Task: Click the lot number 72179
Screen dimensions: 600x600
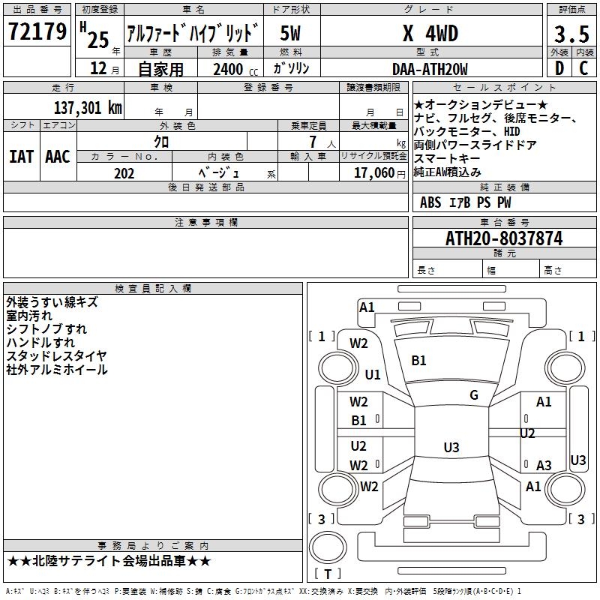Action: click(x=37, y=31)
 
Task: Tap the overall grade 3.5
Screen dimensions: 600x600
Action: click(x=571, y=34)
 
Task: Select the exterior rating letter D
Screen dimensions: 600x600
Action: click(x=559, y=68)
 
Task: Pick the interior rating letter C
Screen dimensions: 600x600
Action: click(x=583, y=68)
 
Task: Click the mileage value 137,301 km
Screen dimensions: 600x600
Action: click(x=88, y=108)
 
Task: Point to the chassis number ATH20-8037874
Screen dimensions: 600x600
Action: click(x=504, y=238)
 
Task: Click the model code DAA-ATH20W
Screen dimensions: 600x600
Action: click(x=430, y=69)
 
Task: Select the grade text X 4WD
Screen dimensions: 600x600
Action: click(x=430, y=33)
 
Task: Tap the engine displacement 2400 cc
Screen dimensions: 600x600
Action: click(x=235, y=69)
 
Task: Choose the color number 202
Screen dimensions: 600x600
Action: click(x=124, y=173)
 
